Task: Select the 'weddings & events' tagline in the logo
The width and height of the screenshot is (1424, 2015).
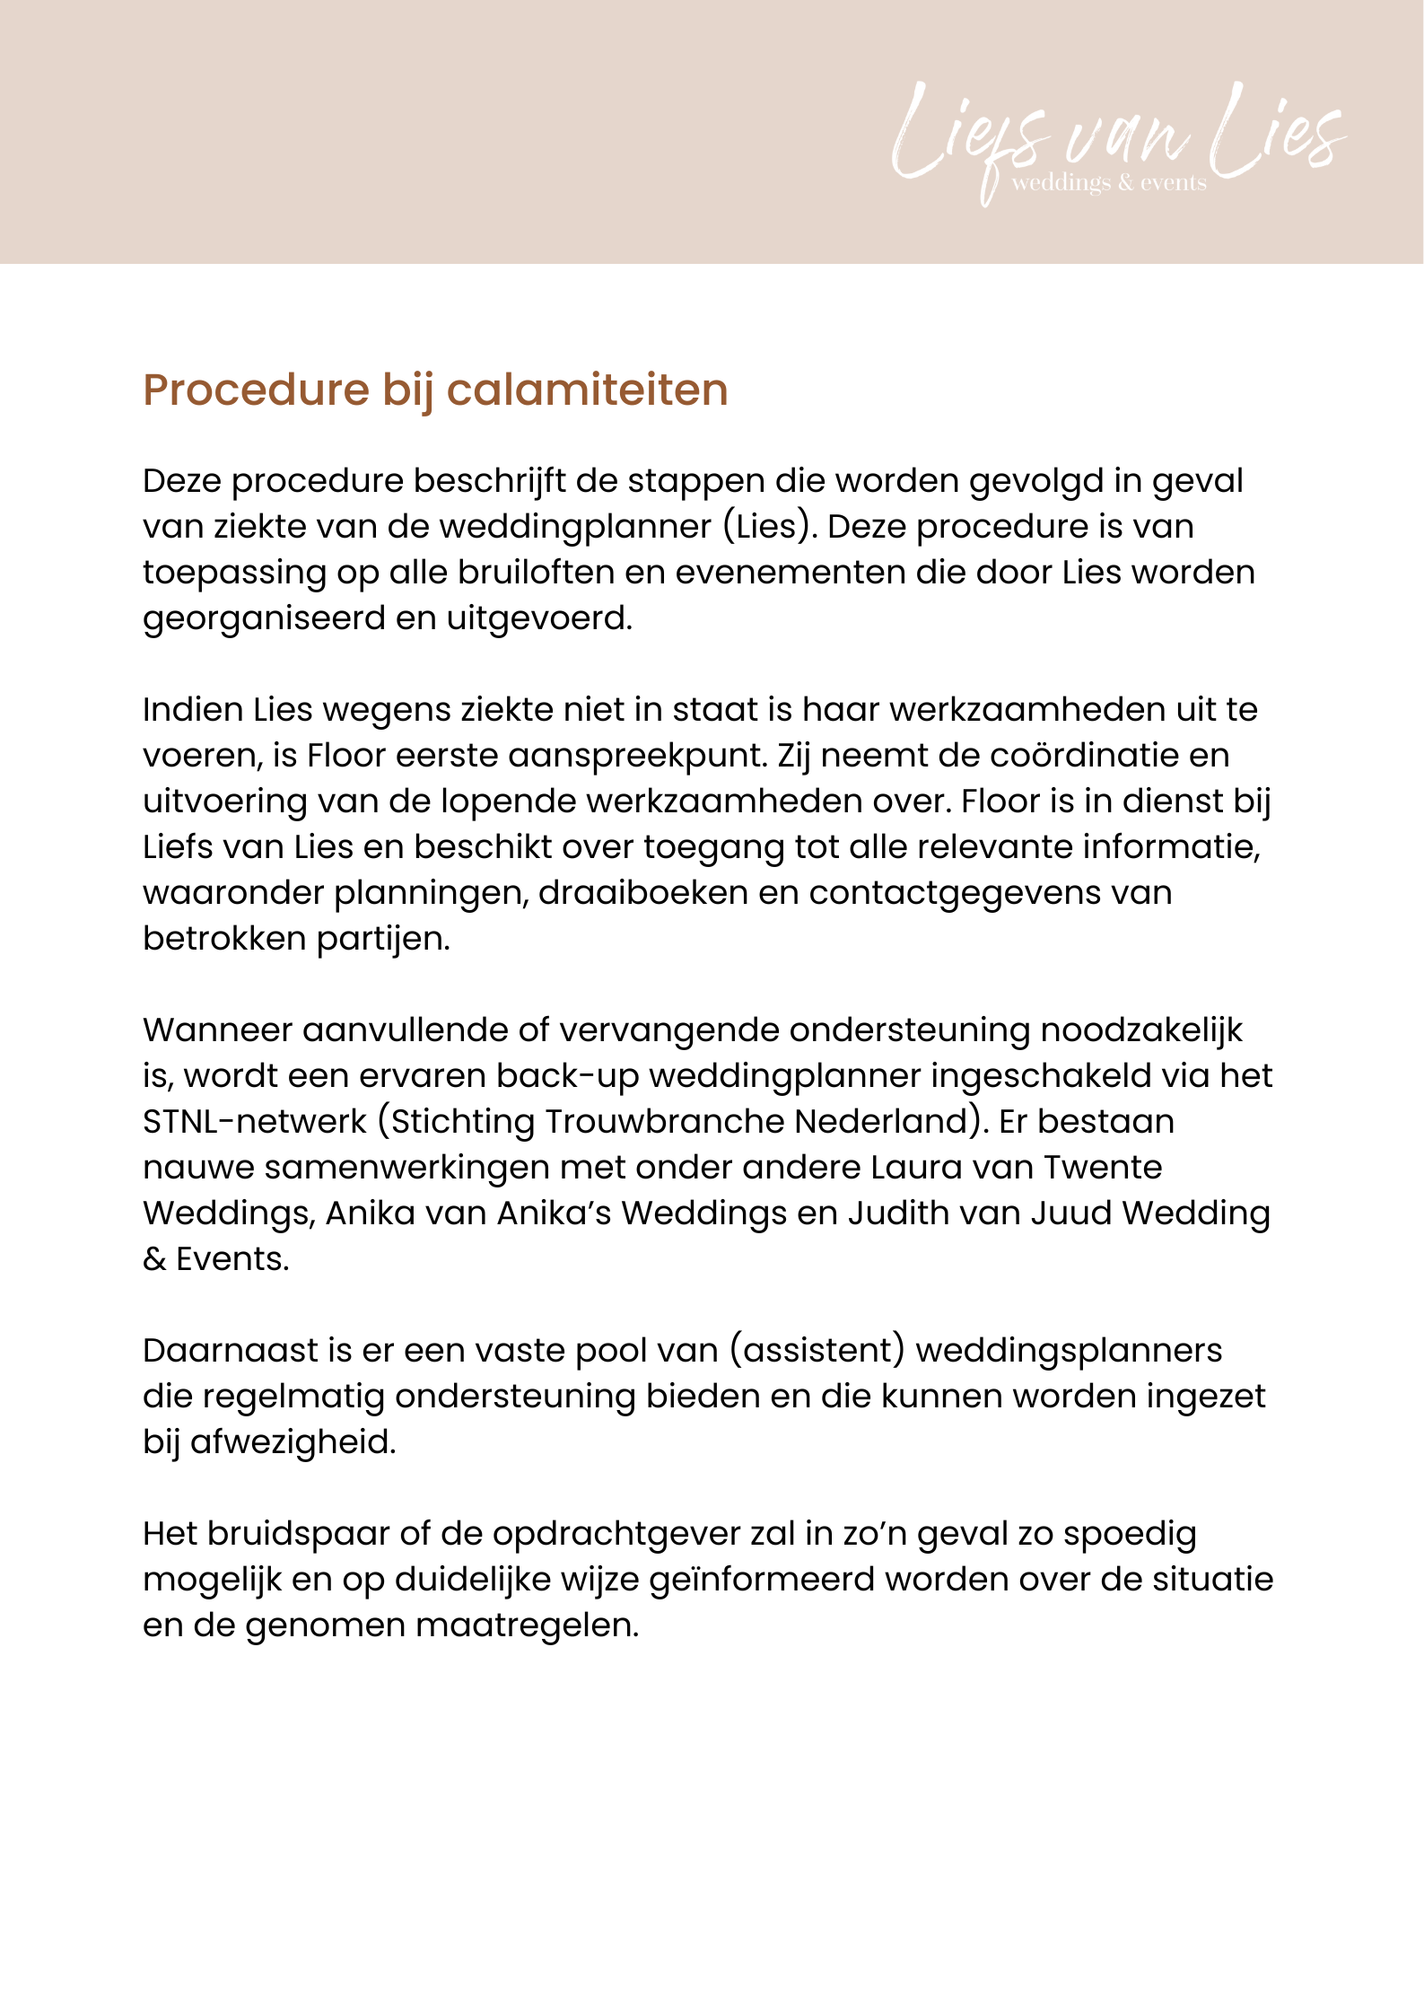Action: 1109,183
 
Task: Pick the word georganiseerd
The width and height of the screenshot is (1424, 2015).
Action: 264,619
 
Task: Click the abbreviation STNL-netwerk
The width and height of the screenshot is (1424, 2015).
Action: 255,1122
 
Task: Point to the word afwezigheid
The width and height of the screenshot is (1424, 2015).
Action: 293,1442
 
